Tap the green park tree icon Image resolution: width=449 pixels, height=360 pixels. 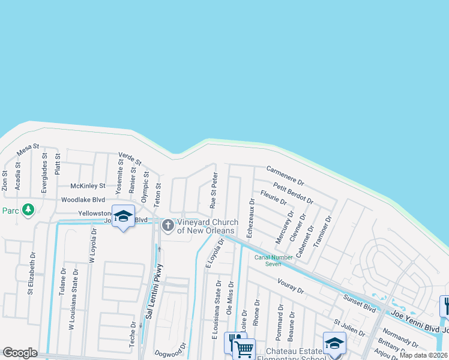click(x=27, y=210)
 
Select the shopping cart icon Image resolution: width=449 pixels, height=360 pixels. click(x=244, y=348)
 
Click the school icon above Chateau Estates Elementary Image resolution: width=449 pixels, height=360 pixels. click(x=334, y=343)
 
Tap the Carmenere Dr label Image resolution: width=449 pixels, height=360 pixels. click(x=286, y=175)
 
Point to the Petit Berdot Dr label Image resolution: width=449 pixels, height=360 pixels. click(x=292, y=193)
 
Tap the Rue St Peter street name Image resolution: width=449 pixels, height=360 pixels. click(x=212, y=191)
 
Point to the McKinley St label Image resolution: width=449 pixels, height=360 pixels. click(x=88, y=186)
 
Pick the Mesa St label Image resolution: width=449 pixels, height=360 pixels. click(x=28, y=150)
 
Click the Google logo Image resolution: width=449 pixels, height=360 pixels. click(x=20, y=353)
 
